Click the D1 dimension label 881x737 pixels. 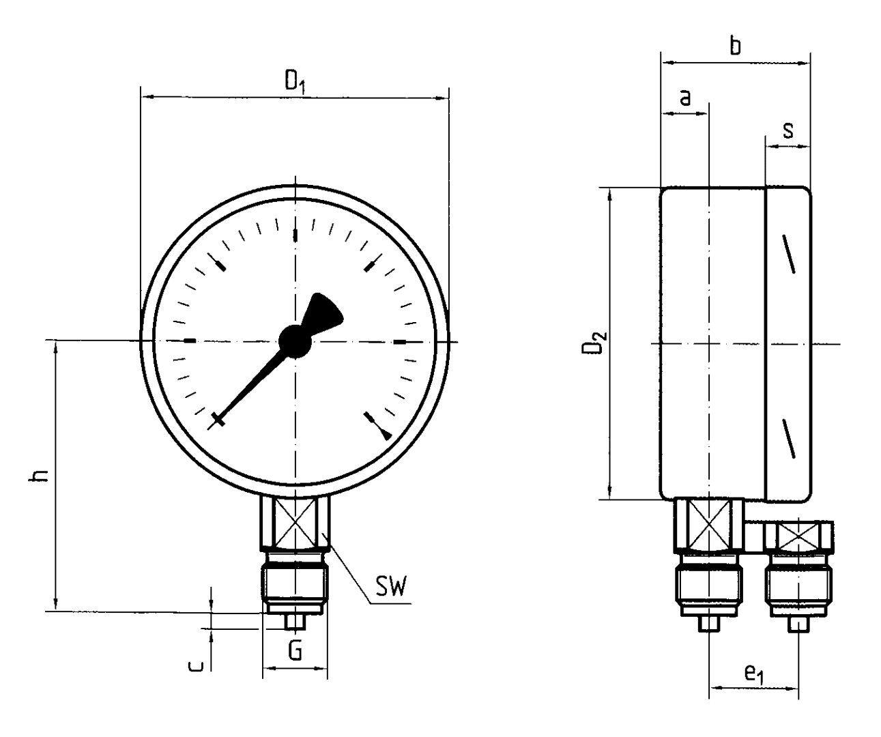click(295, 82)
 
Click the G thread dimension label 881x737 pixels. click(295, 652)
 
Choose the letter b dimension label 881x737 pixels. click(735, 46)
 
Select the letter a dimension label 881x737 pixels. click(685, 98)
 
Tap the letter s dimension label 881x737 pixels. click(788, 130)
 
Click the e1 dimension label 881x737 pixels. click(753, 675)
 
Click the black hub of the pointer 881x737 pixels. click(295, 340)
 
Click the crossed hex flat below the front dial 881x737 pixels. click(295, 522)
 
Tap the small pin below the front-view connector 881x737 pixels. click(295, 622)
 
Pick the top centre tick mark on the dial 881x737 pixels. click(295, 235)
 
